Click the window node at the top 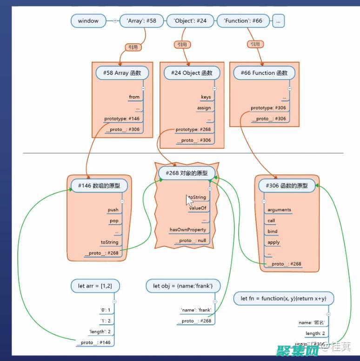(x=88, y=21)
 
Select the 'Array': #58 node (x=141, y=21)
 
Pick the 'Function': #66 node (x=243, y=21)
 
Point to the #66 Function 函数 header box (x=264, y=73)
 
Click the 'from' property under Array (x=134, y=97)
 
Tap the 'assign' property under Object (x=204, y=108)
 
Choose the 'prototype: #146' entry (x=121, y=119)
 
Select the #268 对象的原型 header (x=187, y=174)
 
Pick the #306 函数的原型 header (x=287, y=186)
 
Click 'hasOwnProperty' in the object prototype (x=187, y=230)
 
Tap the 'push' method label (x=113, y=210)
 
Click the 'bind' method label (x=273, y=231)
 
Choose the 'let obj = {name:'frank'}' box (x=183, y=285)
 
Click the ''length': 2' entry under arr (x=100, y=332)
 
